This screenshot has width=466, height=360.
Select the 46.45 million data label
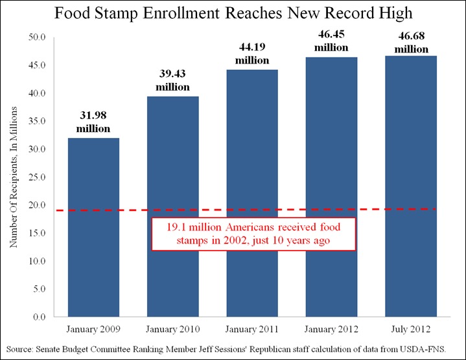331,41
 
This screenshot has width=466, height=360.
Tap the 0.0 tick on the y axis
39,317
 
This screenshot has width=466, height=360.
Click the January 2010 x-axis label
172,330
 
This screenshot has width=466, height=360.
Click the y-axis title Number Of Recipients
13,178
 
